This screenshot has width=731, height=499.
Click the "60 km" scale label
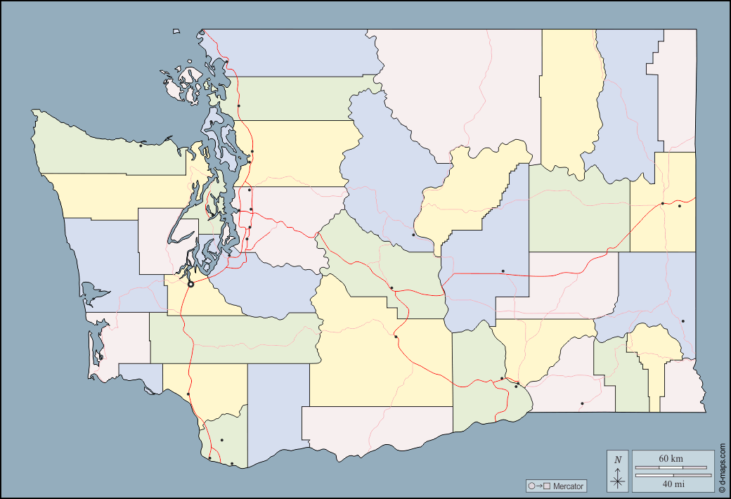tap(671, 458)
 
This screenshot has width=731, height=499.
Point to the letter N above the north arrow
tap(618, 460)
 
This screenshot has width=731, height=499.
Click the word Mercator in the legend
tap(568, 486)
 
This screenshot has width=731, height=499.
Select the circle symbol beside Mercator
tap(531, 486)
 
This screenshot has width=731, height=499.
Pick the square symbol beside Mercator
tap(545, 486)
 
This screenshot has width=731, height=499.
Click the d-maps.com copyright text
tap(722, 467)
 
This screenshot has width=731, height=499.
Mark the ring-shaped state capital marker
tap(191, 285)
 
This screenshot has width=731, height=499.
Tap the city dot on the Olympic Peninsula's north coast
tap(141, 145)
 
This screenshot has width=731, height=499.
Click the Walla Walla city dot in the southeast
tap(582, 403)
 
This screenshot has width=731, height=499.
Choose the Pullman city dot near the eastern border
tap(683, 321)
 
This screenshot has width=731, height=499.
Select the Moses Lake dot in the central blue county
tap(503, 271)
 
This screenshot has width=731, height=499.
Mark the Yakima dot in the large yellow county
tap(396, 337)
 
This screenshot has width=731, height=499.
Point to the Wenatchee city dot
tap(413, 235)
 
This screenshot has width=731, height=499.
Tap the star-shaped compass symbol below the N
tap(618, 481)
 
